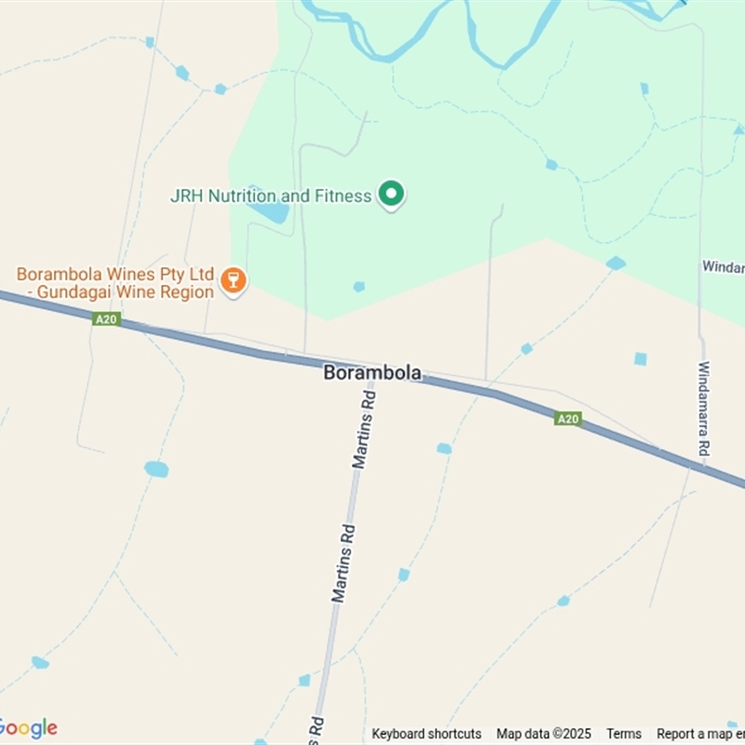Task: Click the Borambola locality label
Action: point(372,372)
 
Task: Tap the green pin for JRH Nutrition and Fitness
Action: point(392,194)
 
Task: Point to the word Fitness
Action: point(343,196)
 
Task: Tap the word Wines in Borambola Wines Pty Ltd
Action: point(120,275)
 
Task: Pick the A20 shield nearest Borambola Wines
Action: point(105,319)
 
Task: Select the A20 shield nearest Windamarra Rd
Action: point(568,419)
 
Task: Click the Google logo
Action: point(28,728)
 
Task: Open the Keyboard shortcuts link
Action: point(427,734)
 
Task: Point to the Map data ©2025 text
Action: point(544,734)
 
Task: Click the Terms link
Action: point(624,734)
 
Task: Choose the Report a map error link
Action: point(698,734)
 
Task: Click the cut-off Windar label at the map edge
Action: point(723,266)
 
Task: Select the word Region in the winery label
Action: point(190,291)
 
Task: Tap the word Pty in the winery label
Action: point(162,275)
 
